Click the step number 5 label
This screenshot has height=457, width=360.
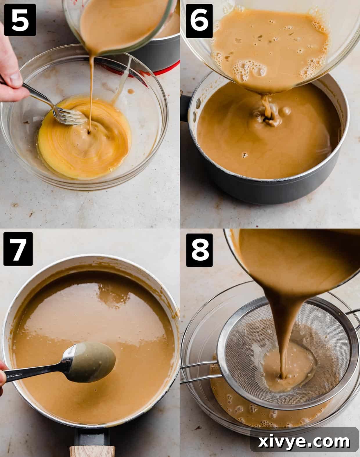20,19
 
